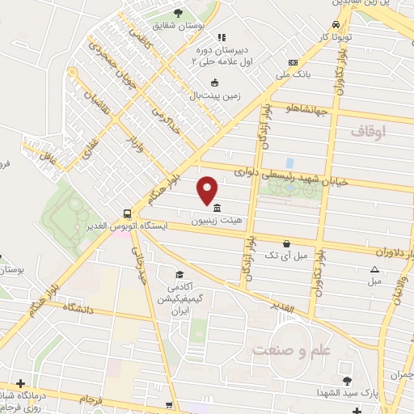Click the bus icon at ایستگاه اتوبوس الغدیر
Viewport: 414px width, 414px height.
coord(128,213)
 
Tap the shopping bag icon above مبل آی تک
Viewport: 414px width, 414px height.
coord(286,243)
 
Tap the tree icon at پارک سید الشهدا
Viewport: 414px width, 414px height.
coord(347,381)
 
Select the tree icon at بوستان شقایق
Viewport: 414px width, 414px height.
coord(178,13)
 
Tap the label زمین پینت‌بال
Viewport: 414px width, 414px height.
coord(215,95)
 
